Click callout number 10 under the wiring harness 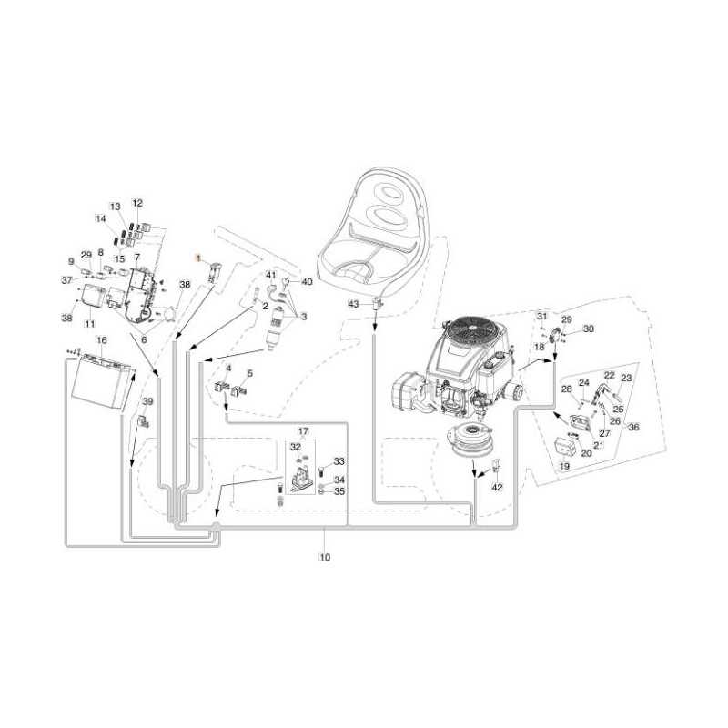click(x=324, y=557)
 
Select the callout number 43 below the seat click(x=354, y=304)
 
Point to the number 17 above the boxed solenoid click(x=303, y=431)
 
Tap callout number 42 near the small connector click(x=497, y=488)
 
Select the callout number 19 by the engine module click(x=564, y=466)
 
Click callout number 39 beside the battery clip click(x=148, y=401)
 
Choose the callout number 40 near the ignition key click(x=307, y=282)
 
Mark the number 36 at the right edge click(x=634, y=427)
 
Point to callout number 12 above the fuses click(x=137, y=203)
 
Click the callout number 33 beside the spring click(x=339, y=462)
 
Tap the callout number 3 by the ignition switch click(x=303, y=317)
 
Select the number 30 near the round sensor click(x=588, y=329)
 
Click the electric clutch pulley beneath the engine click(x=473, y=442)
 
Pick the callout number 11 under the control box click(x=90, y=324)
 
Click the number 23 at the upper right click(x=626, y=378)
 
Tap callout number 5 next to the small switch click(x=250, y=373)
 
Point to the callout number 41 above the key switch click(x=270, y=275)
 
